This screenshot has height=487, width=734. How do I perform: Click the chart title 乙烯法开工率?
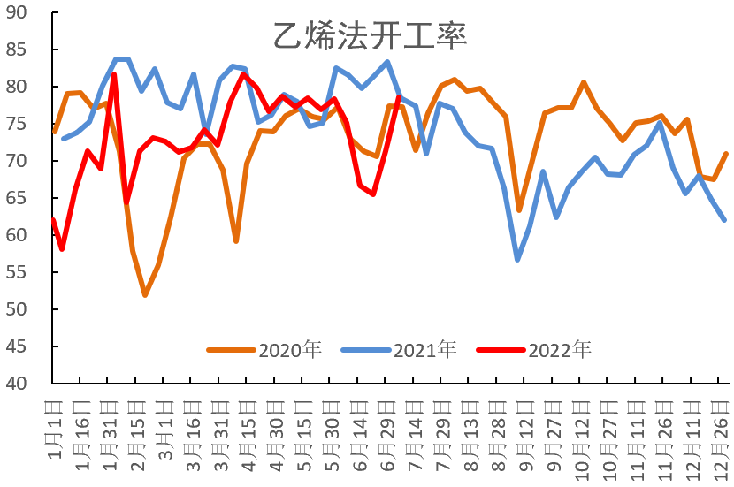369,36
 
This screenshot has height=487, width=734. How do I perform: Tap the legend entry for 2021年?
424,349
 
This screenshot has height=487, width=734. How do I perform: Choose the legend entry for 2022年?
559,349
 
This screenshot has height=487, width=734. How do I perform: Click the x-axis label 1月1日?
54,436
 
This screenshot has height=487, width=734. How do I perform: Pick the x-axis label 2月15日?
137,438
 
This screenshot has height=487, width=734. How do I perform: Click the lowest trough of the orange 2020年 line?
144,295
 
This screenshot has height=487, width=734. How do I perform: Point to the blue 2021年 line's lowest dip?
517,259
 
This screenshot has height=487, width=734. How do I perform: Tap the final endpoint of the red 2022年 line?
399,96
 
